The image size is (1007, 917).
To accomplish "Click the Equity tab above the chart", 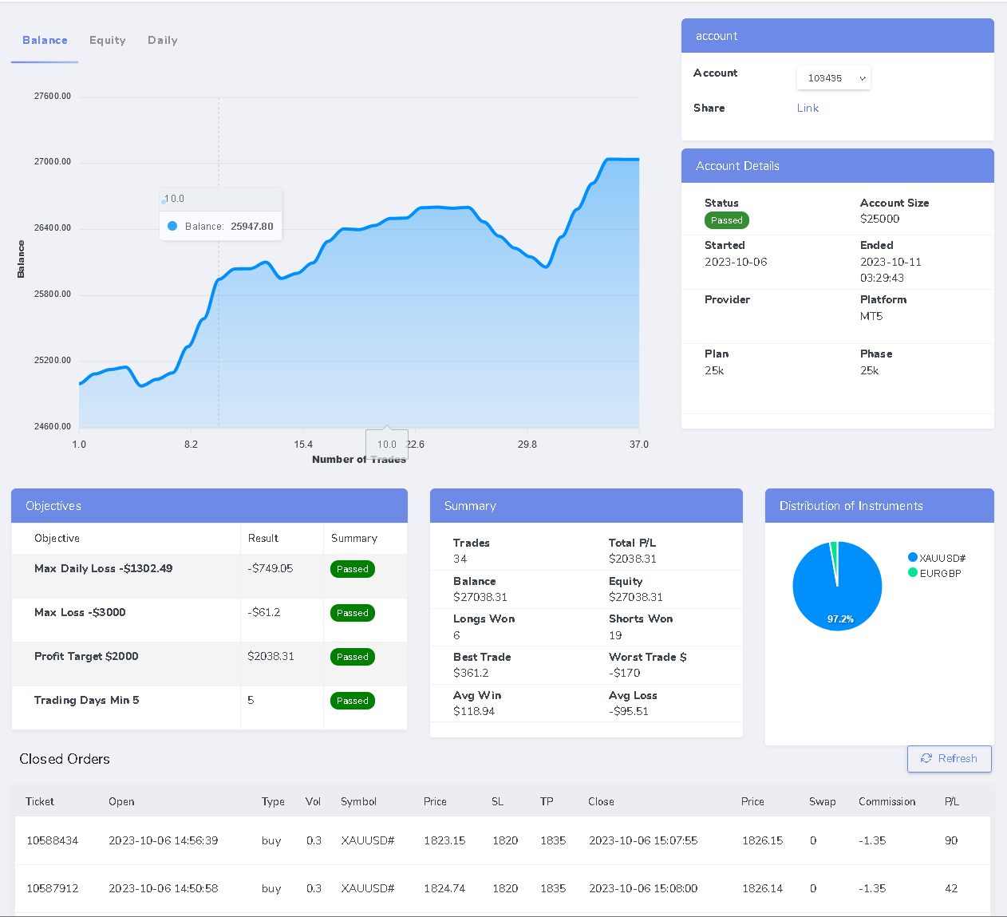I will tap(108, 41).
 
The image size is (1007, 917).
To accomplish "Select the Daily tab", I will tap(163, 41).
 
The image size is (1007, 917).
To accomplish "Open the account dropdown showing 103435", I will tap(834, 78).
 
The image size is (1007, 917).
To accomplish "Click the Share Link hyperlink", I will tap(808, 109).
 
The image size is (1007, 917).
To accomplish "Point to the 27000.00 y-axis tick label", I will tap(53, 162).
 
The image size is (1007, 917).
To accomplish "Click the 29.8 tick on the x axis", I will tap(527, 445).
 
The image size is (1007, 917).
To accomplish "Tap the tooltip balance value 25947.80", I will tap(251, 227).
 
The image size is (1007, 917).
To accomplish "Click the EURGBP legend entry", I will tap(940, 573).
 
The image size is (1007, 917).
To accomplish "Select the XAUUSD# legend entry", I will tap(942, 558).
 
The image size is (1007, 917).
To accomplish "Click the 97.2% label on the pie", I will tap(840, 619).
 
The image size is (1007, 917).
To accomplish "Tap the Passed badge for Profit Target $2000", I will tap(352, 657).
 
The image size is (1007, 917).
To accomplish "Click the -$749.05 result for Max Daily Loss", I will tap(271, 569).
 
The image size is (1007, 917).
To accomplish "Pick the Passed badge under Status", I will tap(726, 220).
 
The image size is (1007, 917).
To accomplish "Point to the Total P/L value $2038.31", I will tap(633, 559).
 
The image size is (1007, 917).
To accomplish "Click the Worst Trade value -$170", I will tap(625, 674).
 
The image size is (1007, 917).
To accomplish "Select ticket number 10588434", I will tap(53, 841).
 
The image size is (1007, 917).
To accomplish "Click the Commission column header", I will tap(887, 802).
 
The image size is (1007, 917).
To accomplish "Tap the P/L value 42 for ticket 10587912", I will tap(951, 889).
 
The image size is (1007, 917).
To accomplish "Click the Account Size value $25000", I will tap(879, 219).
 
